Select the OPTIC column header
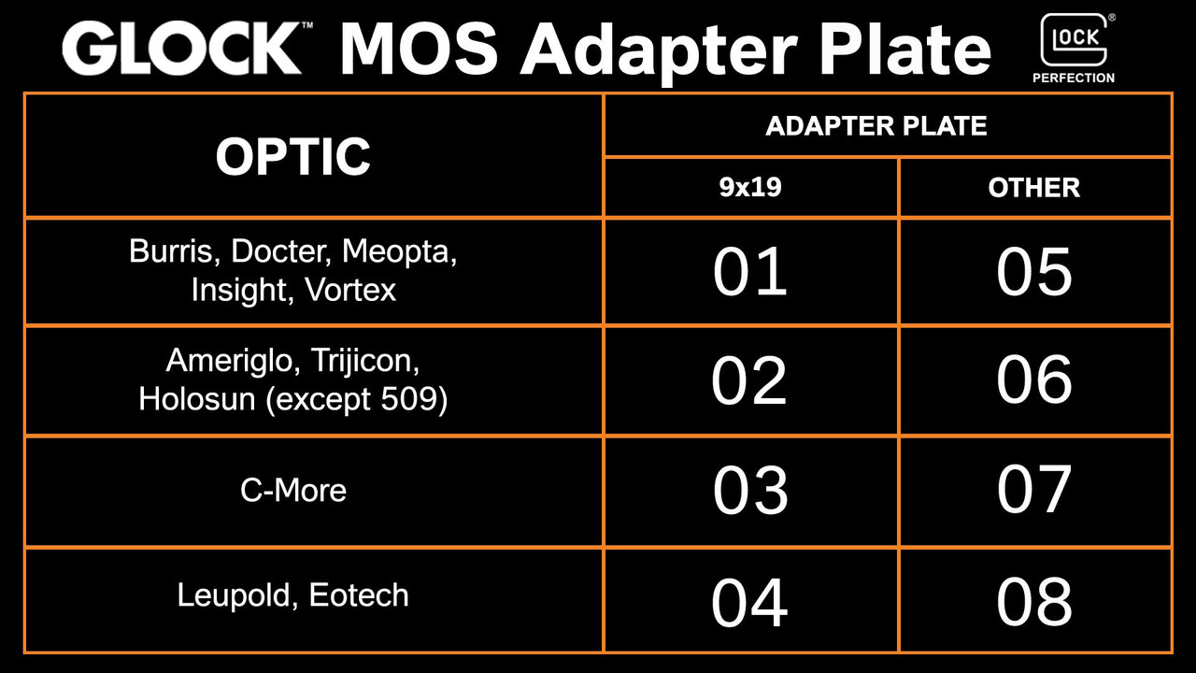(293, 156)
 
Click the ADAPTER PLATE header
(876, 126)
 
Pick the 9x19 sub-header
(749, 188)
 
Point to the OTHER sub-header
(1033, 188)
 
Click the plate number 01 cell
(749, 272)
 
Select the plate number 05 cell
(1033, 272)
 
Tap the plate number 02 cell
(749, 380)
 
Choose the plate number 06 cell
(1033, 380)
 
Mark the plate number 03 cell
(749, 491)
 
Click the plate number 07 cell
(1033, 491)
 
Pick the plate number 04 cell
(749, 601)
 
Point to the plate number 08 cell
(1033, 601)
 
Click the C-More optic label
(293, 490)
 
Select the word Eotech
(359, 595)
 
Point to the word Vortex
(350, 290)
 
